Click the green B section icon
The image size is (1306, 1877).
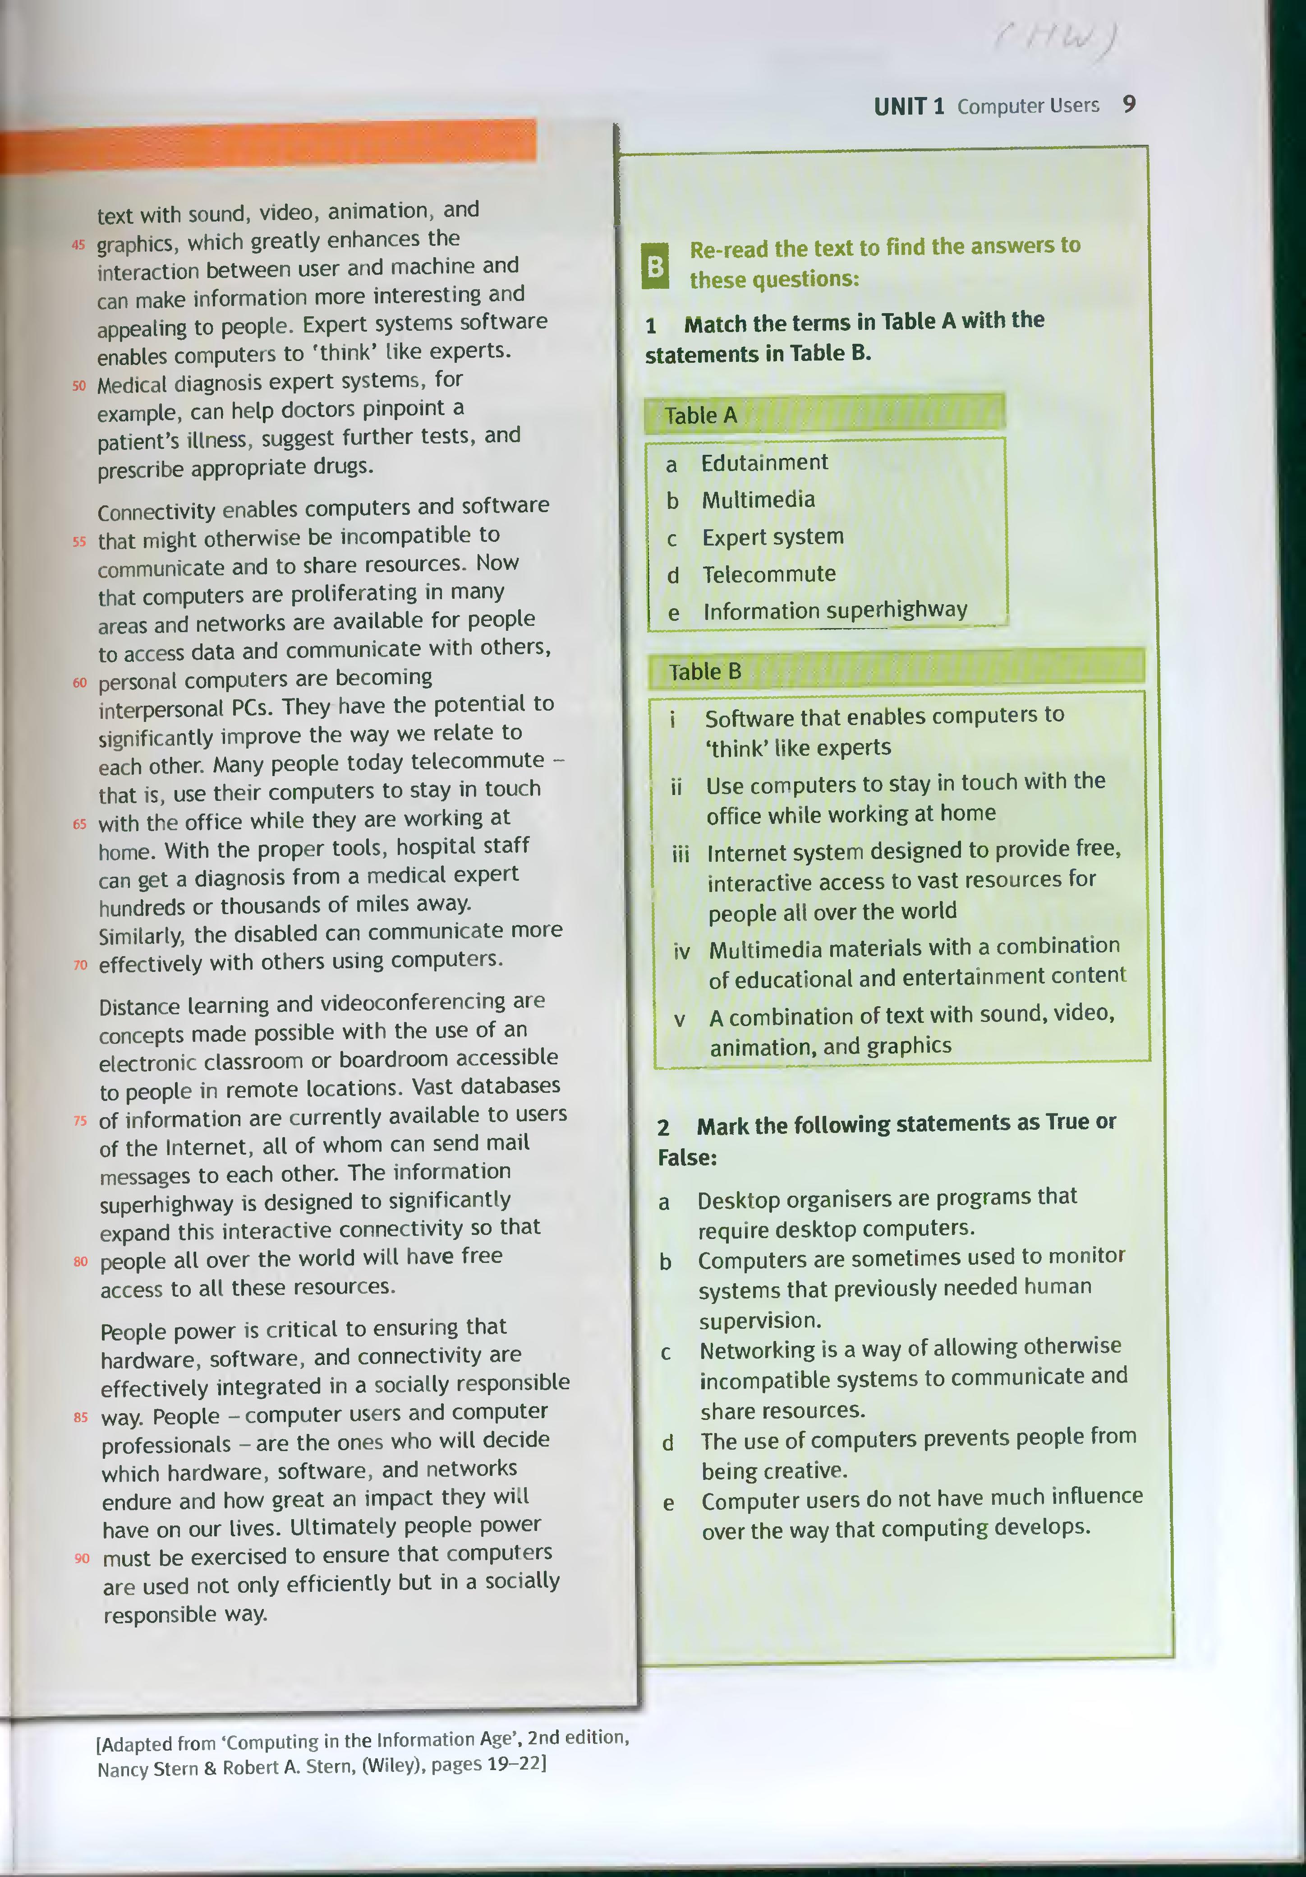click(655, 266)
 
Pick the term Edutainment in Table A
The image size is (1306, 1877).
click(764, 463)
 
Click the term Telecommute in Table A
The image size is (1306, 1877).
click(769, 574)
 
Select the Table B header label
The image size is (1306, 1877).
click(704, 672)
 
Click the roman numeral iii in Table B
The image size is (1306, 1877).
click(681, 854)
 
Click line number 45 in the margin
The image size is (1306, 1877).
click(78, 245)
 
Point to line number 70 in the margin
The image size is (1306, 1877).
click(80, 965)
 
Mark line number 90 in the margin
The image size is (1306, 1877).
click(82, 1558)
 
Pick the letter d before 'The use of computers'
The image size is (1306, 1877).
click(668, 1443)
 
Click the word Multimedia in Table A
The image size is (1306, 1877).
click(759, 499)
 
